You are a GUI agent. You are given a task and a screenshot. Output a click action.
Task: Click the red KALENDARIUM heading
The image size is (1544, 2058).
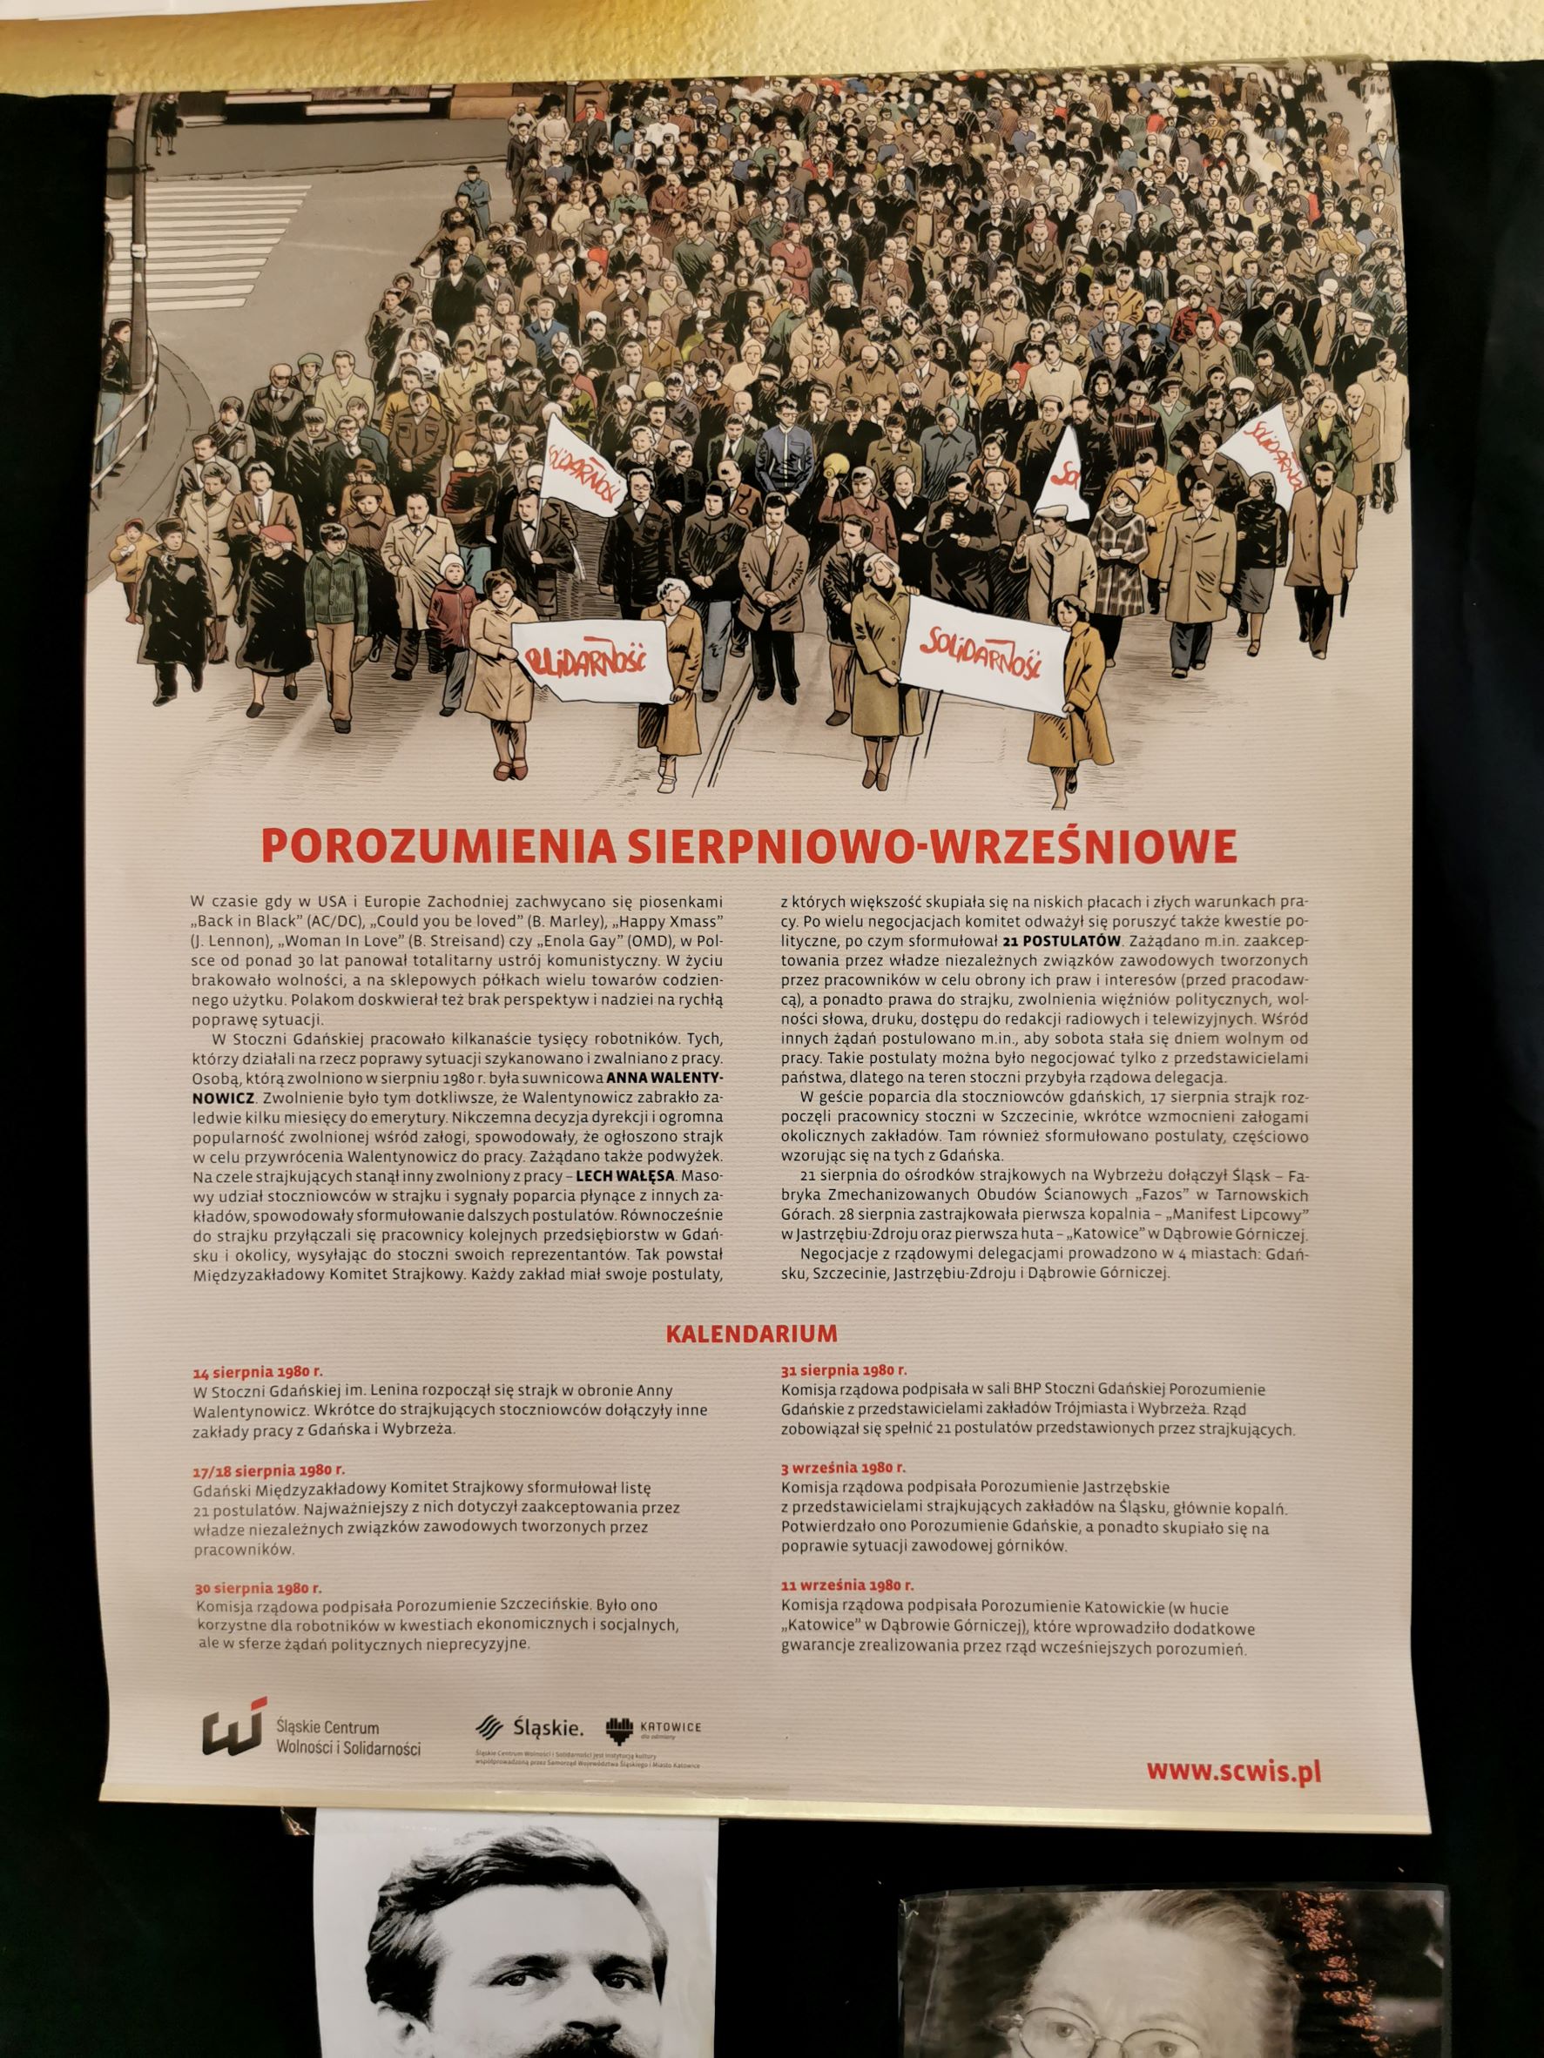coord(751,1332)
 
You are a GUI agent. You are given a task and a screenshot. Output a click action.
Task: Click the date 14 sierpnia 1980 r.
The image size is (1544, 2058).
coord(257,1371)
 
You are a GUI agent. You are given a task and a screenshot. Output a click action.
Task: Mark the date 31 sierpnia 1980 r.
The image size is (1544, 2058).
coord(844,1369)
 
